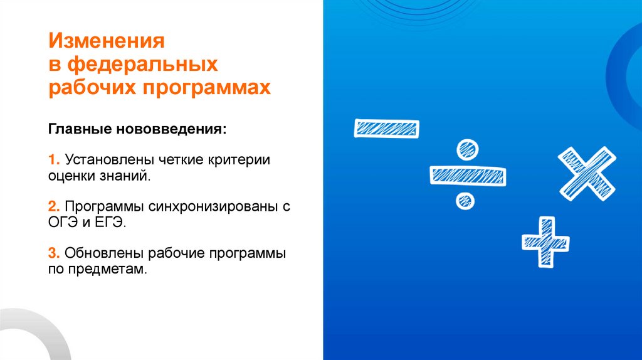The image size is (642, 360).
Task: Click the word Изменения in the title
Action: (x=107, y=44)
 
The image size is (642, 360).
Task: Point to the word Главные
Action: (x=78, y=132)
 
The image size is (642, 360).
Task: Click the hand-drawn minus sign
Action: (x=387, y=129)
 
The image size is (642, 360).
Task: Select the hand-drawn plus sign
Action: (x=545, y=241)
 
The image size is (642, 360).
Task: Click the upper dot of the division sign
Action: (x=466, y=149)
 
